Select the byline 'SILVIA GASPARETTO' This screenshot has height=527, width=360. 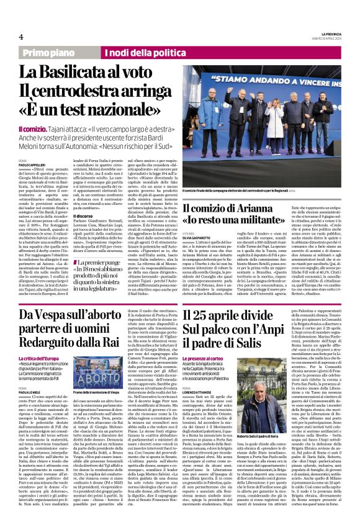(199, 238)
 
